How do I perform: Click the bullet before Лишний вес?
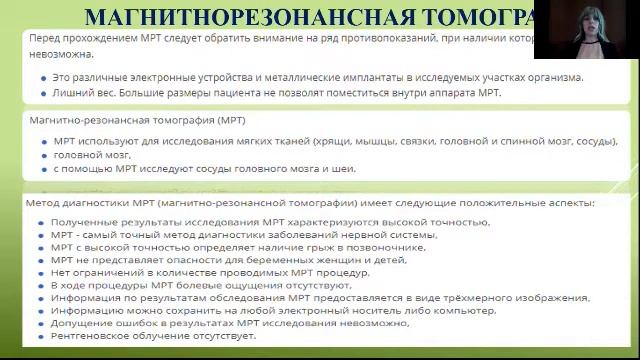point(43,93)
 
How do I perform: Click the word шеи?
point(344,168)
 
